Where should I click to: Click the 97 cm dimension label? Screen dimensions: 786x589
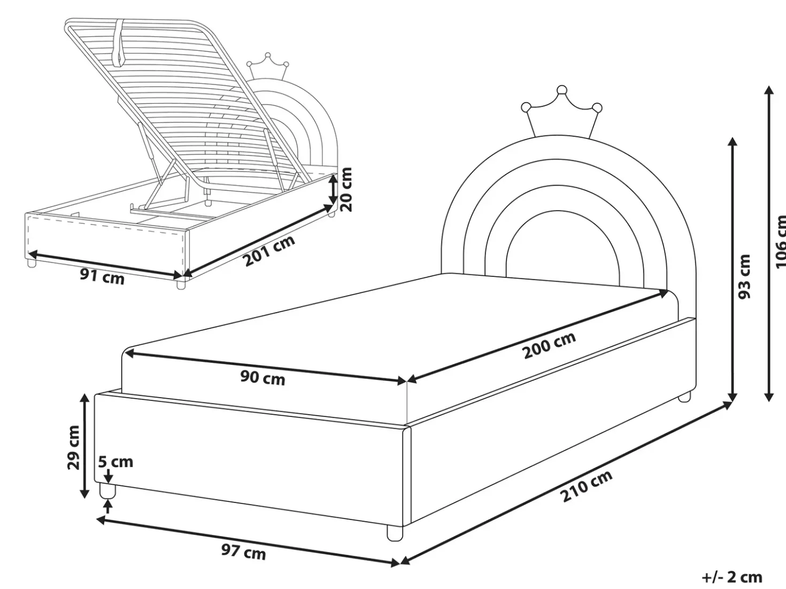tap(243, 552)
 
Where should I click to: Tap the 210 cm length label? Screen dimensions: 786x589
tap(586, 486)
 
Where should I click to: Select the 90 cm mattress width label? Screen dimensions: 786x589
tap(263, 378)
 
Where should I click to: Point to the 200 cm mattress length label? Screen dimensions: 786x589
tap(550, 345)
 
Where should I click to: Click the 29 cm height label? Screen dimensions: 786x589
tap(73, 447)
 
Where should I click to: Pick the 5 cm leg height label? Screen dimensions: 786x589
tap(115, 462)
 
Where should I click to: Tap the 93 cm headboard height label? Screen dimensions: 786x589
tap(744, 276)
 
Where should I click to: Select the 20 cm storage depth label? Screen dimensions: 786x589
tap(345, 190)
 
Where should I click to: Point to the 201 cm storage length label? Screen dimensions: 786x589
tap(269, 251)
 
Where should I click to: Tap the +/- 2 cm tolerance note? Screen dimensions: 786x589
tap(732, 577)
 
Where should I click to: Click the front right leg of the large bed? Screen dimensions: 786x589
tap(395, 533)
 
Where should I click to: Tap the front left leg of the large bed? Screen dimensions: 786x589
tap(107, 491)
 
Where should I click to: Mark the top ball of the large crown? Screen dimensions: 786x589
tap(562, 90)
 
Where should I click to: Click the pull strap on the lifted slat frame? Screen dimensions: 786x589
tap(118, 42)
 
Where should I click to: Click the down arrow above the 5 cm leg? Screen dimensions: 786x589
tap(109, 476)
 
